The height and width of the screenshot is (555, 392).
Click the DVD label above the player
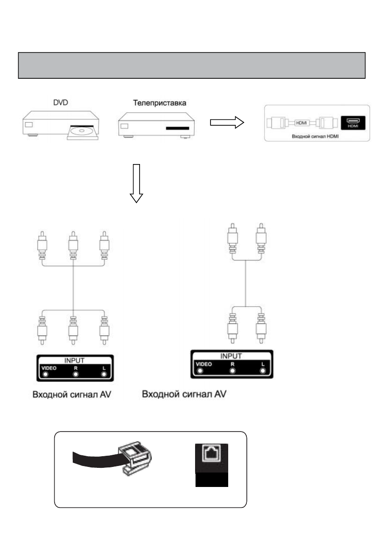[60, 103]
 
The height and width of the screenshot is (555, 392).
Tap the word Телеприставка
[160, 103]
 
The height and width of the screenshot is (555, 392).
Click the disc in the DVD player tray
[82, 130]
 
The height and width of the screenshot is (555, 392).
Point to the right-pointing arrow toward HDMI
[227, 123]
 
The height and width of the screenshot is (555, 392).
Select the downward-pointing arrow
[136, 183]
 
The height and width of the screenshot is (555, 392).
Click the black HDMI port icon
[353, 123]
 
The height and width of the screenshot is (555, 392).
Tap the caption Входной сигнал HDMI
[315, 136]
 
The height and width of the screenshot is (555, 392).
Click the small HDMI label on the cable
[301, 123]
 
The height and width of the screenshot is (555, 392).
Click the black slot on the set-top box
[178, 128]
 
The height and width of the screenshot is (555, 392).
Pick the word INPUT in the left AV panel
[74, 360]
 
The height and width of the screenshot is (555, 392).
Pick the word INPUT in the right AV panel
[231, 356]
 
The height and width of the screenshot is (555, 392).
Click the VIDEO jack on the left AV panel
[45, 375]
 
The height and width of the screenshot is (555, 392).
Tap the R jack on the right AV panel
[232, 370]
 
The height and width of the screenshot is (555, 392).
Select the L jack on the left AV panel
[104, 375]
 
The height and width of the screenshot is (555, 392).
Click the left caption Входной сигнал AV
[72, 394]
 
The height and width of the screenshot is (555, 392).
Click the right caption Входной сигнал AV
[184, 394]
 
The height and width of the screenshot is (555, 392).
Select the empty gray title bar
[192, 66]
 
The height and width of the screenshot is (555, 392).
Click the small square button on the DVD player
[29, 124]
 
